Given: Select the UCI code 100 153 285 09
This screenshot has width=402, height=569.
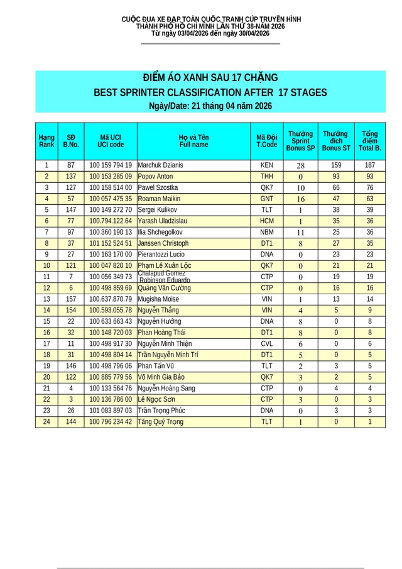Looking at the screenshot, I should (111, 177).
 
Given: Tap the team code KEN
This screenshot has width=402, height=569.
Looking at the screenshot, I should (266, 165).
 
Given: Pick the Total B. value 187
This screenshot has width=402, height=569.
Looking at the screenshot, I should (370, 165).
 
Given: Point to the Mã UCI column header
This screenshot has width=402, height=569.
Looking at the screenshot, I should (111, 141).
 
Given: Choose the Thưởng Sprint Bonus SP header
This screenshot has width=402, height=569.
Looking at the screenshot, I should (300, 141).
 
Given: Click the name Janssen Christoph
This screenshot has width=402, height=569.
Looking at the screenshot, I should (163, 243).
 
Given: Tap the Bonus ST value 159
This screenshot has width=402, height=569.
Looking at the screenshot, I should (335, 165).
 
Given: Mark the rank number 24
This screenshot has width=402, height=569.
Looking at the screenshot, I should (46, 422).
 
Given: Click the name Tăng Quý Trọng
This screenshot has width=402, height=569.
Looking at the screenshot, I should (161, 422).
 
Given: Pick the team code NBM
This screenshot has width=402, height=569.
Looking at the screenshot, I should (266, 233).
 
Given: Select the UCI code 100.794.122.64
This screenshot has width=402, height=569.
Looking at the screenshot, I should (111, 221).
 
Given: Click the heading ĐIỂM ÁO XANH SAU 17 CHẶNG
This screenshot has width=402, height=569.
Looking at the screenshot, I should (210, 78).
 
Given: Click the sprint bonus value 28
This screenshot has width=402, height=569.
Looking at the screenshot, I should (300, 166).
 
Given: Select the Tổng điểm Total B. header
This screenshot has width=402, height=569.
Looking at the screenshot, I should (370, 141).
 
